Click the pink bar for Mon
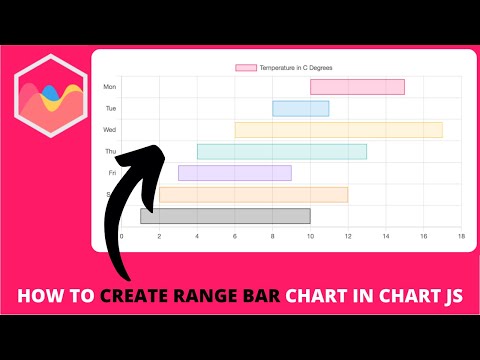point(357,87)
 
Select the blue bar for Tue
point(300,108)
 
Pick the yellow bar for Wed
point(338,130)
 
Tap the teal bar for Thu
point(282,152)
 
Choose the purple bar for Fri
point(235,173)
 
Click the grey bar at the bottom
point(225,216)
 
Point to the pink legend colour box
point(245,68)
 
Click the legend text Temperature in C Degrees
point(296,68)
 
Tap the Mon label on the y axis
point(110,87)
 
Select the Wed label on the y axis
point(110,130)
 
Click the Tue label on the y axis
point(111,108)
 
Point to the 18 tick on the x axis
point(461,237)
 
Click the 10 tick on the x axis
point(310,237)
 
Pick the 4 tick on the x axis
point(197,237)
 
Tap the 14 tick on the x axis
point(386,237)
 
